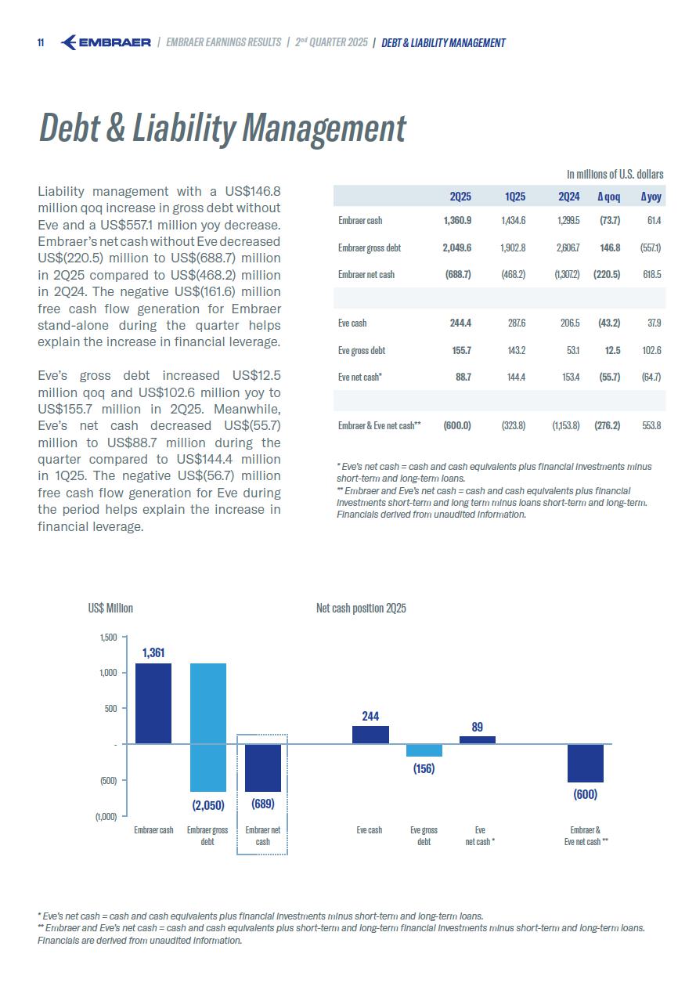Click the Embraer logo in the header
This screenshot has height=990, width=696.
coord(106,42)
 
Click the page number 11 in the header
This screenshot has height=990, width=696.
coord(41,43)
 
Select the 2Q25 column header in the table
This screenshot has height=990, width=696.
coord(460,197)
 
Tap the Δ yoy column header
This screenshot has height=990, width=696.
coord(651,197)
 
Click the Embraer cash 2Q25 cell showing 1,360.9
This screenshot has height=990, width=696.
coord(457,221)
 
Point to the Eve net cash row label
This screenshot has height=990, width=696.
coord(360,377)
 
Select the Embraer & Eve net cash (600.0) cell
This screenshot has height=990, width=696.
coord(457,425)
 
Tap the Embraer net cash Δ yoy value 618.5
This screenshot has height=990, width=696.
coord(651,274)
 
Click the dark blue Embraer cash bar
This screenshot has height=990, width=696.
coord(153,703)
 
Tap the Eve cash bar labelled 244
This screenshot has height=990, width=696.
coord(370,735)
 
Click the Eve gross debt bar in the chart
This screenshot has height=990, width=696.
coord(424,750)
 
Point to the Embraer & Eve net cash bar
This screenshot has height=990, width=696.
coord(586,763)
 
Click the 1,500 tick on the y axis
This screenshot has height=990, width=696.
coord(108,638)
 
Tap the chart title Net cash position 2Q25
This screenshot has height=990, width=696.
coord(361,609)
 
